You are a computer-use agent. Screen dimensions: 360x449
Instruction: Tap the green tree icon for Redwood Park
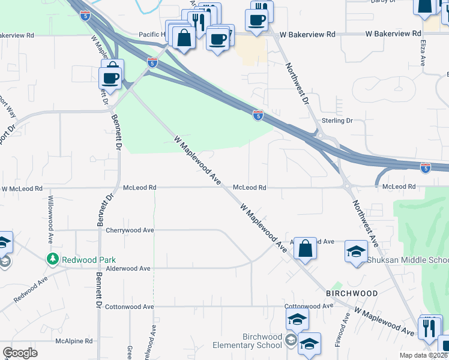tap(53, 258)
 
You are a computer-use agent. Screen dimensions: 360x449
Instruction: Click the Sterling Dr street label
tap(339, 121)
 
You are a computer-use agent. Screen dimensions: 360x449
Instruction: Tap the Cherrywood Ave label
tap(130, 230)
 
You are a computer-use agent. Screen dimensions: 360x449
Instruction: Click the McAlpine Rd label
tap(74, 341)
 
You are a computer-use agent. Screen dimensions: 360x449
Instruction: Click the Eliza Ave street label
tap(423, 55)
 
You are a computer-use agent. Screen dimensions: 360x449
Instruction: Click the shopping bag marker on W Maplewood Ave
tap(305, 248)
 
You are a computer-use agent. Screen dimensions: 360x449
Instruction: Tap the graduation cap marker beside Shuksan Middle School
tap(356, 250)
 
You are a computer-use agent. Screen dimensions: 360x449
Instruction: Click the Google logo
tap(20, 353)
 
